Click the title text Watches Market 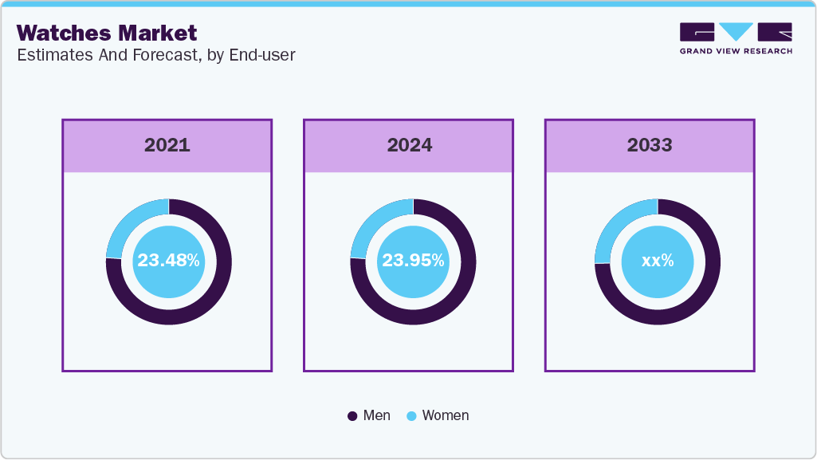tap(106, 33)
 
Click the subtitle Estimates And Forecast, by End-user tap(155, 56)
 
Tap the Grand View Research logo tap(735, 32)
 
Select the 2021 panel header tap(167, 145)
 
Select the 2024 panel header tap(409, 145)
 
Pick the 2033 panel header tap(650, 145)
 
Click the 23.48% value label tap(168, 260)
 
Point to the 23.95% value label tap(413, 260)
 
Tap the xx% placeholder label tap(658, 260)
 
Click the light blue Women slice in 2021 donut tap(128, 222)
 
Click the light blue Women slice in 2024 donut tap(372, 222)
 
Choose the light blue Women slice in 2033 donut tap(616, 224)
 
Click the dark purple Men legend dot tap(352, 416)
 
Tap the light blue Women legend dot tap(411, 416)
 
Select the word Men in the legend tap(376, 415)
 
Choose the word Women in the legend tap(445, 415)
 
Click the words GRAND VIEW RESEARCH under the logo tap(735, 51)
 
